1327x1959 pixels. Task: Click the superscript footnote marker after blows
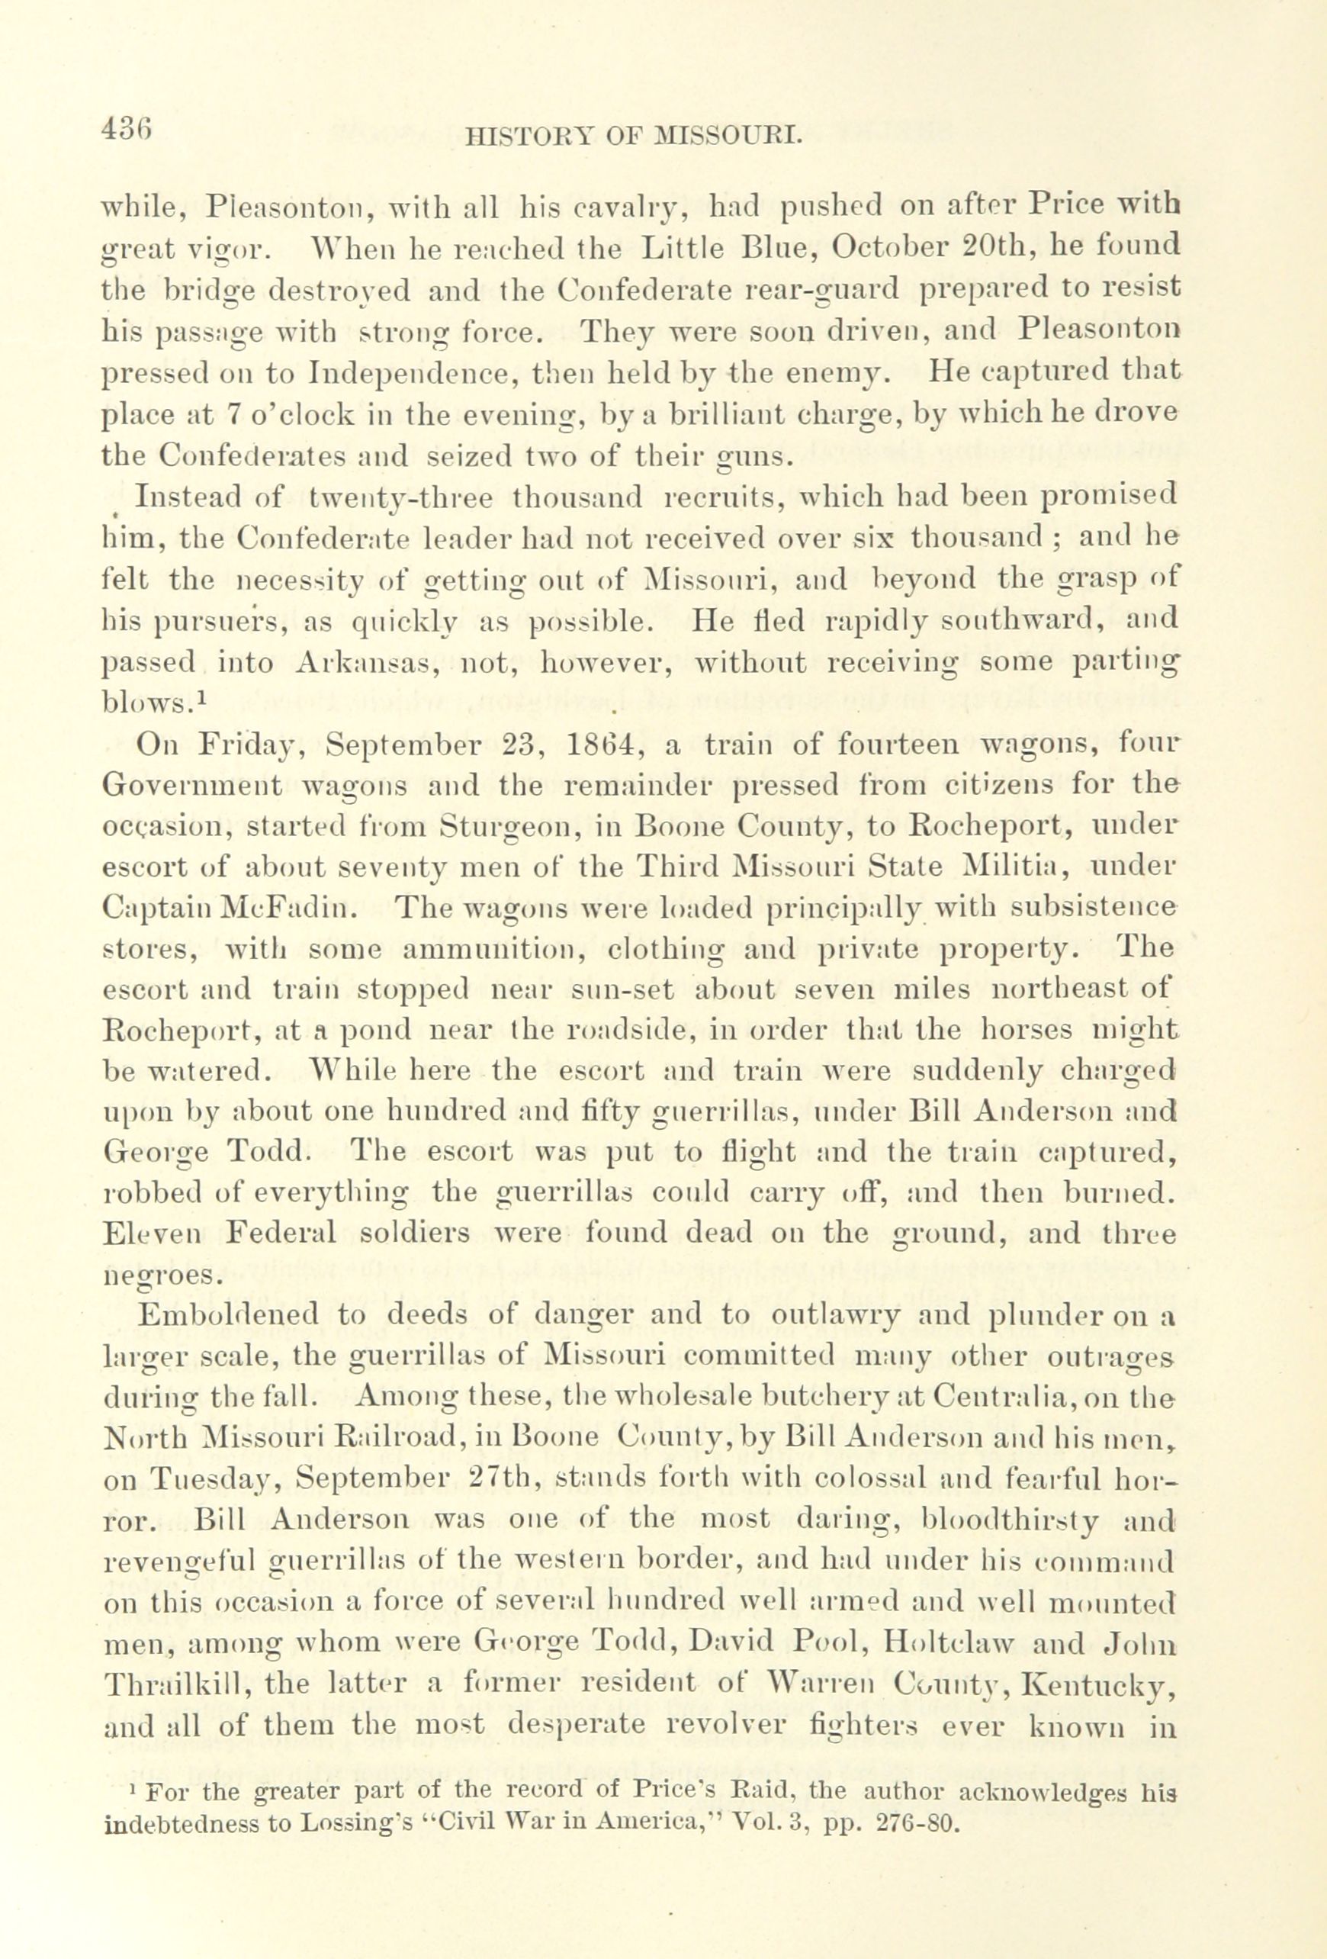pyautogui.click(x=201, y=699)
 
